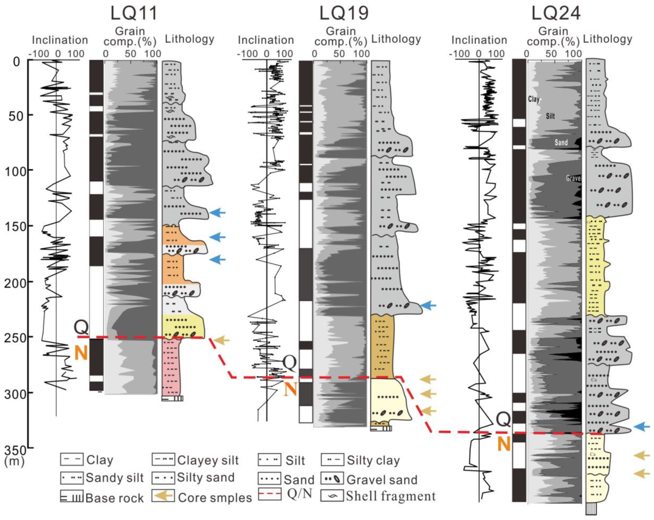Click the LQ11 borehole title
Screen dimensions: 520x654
134,14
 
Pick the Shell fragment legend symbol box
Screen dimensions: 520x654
332,496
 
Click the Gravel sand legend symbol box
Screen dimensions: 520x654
332,479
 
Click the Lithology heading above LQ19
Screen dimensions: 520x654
396,39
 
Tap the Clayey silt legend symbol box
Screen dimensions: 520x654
163,460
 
